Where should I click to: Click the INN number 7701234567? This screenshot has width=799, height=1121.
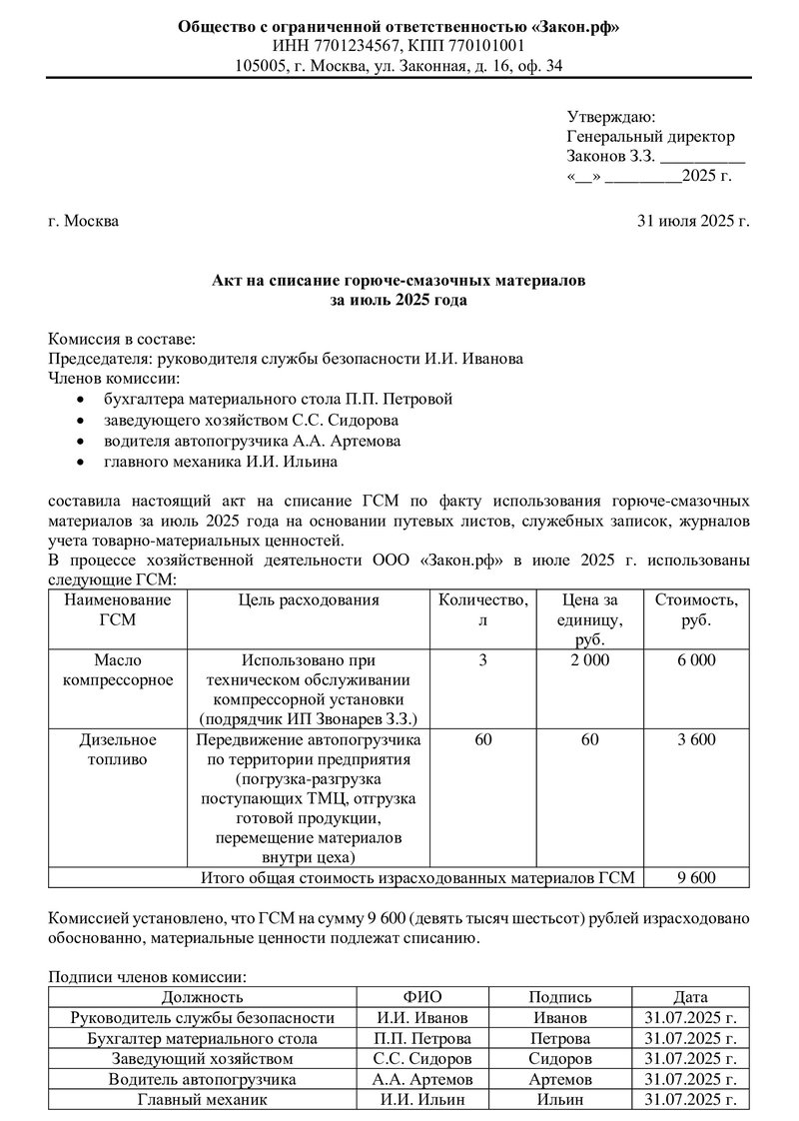click(349, 46)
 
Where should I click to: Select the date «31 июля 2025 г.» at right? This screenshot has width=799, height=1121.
click(692, 221)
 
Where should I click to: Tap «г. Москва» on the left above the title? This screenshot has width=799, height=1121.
click(83, 221)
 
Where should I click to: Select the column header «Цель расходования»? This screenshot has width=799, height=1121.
click(310, 600)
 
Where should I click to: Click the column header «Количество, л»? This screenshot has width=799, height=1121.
click(483, 609)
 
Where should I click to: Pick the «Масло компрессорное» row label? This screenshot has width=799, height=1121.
click(118, 670)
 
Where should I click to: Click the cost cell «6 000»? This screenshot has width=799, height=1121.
click(696, 660)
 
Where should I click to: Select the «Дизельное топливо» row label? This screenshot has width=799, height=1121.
click(118, 749)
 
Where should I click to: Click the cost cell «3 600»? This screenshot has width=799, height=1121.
click(696, 740)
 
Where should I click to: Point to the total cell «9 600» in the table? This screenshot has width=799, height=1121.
click(696, 878)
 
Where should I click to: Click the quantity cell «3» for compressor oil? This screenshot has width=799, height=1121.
click(483, 660)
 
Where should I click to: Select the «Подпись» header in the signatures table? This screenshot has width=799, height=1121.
click(559, 997)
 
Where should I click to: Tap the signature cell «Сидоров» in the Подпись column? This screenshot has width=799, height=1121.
click(559, 1058)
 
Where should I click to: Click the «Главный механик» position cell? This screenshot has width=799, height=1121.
click(202, 1099)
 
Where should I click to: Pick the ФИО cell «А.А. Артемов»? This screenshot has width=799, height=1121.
click(422, 1079)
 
